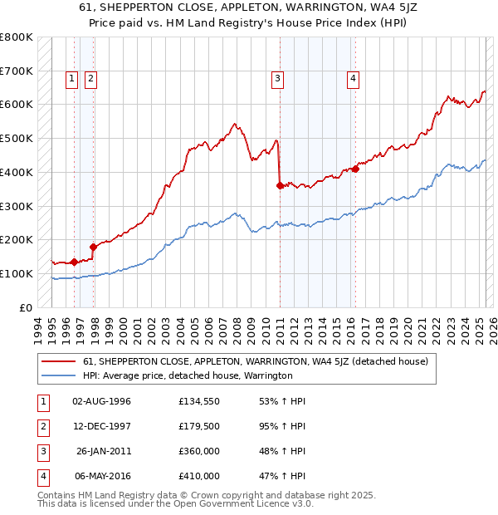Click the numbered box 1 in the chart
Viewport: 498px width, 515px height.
72,79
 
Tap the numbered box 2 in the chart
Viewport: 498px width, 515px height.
90,79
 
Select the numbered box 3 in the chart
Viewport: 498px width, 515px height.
277,79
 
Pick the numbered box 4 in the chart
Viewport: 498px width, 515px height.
353,79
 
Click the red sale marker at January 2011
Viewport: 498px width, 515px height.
280,186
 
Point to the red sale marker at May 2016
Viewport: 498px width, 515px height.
355,169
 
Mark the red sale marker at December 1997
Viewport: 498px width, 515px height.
93,247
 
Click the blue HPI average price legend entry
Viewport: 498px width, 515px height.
188,375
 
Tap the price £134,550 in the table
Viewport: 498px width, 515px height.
199,401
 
